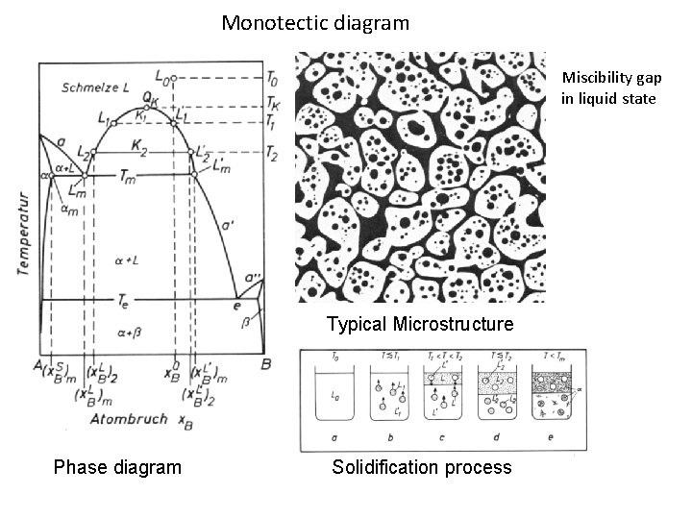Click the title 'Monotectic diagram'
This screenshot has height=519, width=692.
315,22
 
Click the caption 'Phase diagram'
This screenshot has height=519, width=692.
117,467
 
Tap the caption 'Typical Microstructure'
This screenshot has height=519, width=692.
420,323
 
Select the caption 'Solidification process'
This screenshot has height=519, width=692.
422,467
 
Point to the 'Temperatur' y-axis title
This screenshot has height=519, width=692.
23,234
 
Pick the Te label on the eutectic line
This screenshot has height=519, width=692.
124,302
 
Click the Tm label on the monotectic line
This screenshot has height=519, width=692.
127,175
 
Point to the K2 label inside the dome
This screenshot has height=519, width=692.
141,152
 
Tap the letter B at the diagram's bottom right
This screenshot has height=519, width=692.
266,363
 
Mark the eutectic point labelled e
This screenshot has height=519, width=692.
236,305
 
